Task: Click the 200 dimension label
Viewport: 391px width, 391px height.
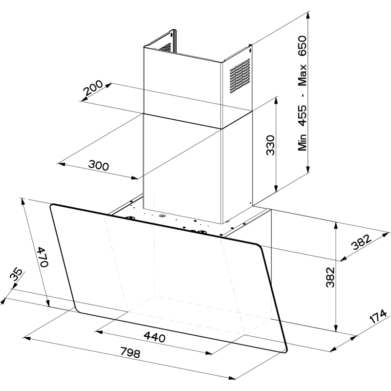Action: click(93, 88)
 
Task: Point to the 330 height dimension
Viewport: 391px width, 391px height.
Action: click(270, 145)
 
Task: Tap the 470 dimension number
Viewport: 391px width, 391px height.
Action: click(42, 257)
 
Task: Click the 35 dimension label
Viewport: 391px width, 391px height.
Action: click(16, 275)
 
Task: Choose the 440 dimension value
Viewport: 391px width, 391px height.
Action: click(154, 337)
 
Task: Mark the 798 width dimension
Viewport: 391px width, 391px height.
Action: click(130, 352)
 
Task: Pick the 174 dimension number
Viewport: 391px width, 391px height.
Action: click(378, 316)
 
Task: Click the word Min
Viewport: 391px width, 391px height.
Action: click(302, 142)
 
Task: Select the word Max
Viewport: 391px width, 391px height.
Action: click(302, 75)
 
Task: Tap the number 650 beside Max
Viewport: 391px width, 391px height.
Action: click(302, 46)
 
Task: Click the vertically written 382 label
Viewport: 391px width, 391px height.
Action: click(330, 277)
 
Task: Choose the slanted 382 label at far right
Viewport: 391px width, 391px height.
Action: click(361, 242)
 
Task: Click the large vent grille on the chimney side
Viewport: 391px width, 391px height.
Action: click(239, 76)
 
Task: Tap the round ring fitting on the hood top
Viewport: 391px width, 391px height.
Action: click(162, 215)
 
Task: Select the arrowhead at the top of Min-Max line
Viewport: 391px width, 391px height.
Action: click(308, 16)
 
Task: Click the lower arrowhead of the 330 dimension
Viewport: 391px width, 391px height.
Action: click(276, 188)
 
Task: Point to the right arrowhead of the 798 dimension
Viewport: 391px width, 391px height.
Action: click(231, 378)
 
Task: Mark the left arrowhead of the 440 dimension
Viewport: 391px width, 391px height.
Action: click(99, 332)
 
